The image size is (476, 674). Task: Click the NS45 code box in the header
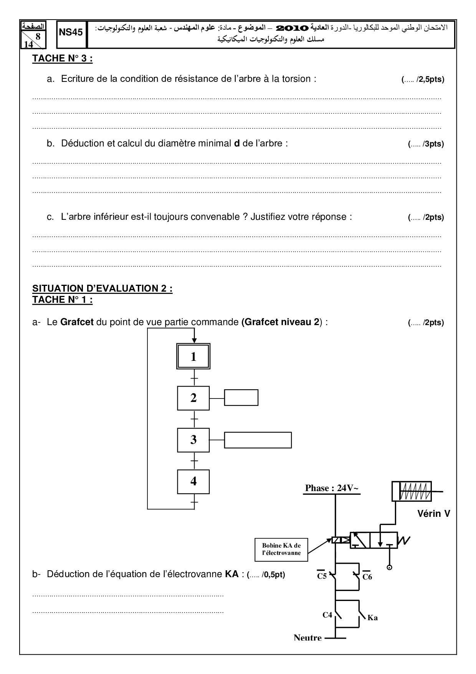click(x=71, y=33)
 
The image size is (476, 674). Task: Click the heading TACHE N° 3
click(x=62, y=58)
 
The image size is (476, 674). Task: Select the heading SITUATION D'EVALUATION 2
click(x=102, y=289)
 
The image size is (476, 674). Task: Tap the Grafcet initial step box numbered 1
click(x=193, y=357)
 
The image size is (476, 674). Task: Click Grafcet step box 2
click(x=193, y=398)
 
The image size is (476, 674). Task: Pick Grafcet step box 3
click(x=193, y=440)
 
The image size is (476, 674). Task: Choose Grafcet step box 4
click(x=193, y=481)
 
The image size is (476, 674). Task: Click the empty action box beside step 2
click(x=241, y=398)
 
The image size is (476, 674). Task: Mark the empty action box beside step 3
click(x=258, y=440)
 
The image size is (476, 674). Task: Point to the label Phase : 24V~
click(x=332, y=488)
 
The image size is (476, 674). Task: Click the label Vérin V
click(x=433, y=514)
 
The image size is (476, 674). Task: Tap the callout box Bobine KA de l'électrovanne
click(x=281, y=549)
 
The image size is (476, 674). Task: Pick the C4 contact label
click(x=327, y=615)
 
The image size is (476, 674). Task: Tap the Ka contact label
click(x=372, y=618)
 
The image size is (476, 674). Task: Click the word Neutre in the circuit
click(x=307, y=638)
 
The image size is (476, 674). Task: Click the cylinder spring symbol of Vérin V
click(x=415, y=491)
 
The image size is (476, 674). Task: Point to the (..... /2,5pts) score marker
click(x=423, y=80)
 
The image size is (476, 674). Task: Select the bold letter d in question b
click(x=237, y=143)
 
